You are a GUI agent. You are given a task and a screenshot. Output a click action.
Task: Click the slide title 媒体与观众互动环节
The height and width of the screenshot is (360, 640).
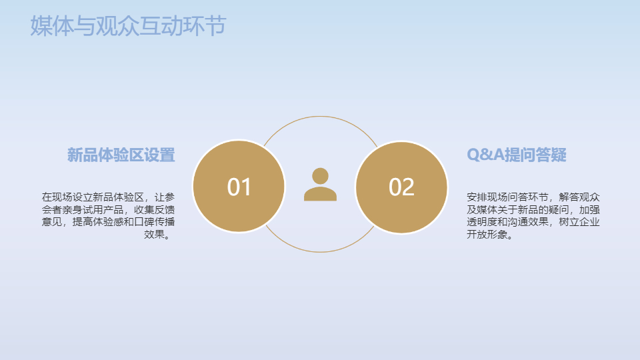point(128,26)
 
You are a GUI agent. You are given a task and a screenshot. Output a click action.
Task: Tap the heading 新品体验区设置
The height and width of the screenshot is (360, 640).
point(121,155)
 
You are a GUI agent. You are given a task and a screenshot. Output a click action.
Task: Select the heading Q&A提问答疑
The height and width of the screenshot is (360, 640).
point(516,155)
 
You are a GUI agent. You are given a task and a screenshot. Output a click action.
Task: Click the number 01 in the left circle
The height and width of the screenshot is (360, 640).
point(239,187)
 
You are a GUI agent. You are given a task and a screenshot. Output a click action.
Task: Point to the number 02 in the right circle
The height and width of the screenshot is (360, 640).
point(401,187)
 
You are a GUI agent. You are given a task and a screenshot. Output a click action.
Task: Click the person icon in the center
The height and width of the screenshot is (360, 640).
point(321,185)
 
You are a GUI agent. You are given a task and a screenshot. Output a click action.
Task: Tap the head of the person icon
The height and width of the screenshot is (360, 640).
point(321,176)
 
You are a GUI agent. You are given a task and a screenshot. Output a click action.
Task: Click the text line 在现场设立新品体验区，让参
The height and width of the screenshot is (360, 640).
point(108,197)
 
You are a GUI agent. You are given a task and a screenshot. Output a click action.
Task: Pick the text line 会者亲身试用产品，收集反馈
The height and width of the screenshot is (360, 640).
point(108,210)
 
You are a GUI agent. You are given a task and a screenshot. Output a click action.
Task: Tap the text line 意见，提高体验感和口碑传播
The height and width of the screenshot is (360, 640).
point(108,222)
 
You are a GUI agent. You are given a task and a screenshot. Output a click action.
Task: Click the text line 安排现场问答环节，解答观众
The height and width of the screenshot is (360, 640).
point(533,197)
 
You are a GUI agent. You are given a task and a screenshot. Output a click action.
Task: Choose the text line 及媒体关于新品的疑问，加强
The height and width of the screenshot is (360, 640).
point(533,210)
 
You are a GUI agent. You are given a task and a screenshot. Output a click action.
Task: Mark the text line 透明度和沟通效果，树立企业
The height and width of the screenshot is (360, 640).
point(533,222)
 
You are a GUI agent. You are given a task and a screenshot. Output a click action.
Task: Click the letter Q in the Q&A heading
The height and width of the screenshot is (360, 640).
point(473,155)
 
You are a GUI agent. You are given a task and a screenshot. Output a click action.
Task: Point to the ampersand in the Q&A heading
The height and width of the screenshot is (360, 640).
point(486,155)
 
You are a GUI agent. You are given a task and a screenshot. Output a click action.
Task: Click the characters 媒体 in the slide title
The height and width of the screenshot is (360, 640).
point(52,26)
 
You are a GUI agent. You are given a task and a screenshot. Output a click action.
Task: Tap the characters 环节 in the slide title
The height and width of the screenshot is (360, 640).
point(205,26)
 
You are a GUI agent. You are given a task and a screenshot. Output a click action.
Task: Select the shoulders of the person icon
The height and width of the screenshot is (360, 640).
point(321,194)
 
